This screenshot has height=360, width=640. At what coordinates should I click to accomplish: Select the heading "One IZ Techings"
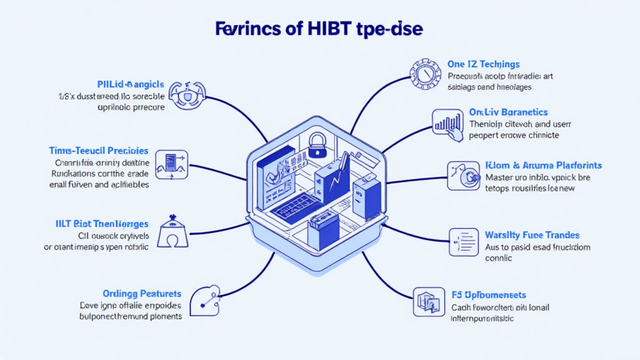point(484,64)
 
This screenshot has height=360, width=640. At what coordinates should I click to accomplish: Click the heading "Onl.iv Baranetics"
point(508,112)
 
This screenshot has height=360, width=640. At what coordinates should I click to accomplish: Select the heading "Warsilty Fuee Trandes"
point(532,235)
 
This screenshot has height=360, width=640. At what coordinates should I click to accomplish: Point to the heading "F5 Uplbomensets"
point(488,294)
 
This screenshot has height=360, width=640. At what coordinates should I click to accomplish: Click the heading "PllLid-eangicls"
point(131,84)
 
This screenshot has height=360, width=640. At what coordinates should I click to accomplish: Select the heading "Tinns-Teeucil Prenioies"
point(98,151)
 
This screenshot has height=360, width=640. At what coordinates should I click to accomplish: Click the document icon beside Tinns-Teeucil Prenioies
point(170,162)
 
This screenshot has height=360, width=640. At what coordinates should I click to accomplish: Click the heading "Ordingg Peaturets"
point(142,293)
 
